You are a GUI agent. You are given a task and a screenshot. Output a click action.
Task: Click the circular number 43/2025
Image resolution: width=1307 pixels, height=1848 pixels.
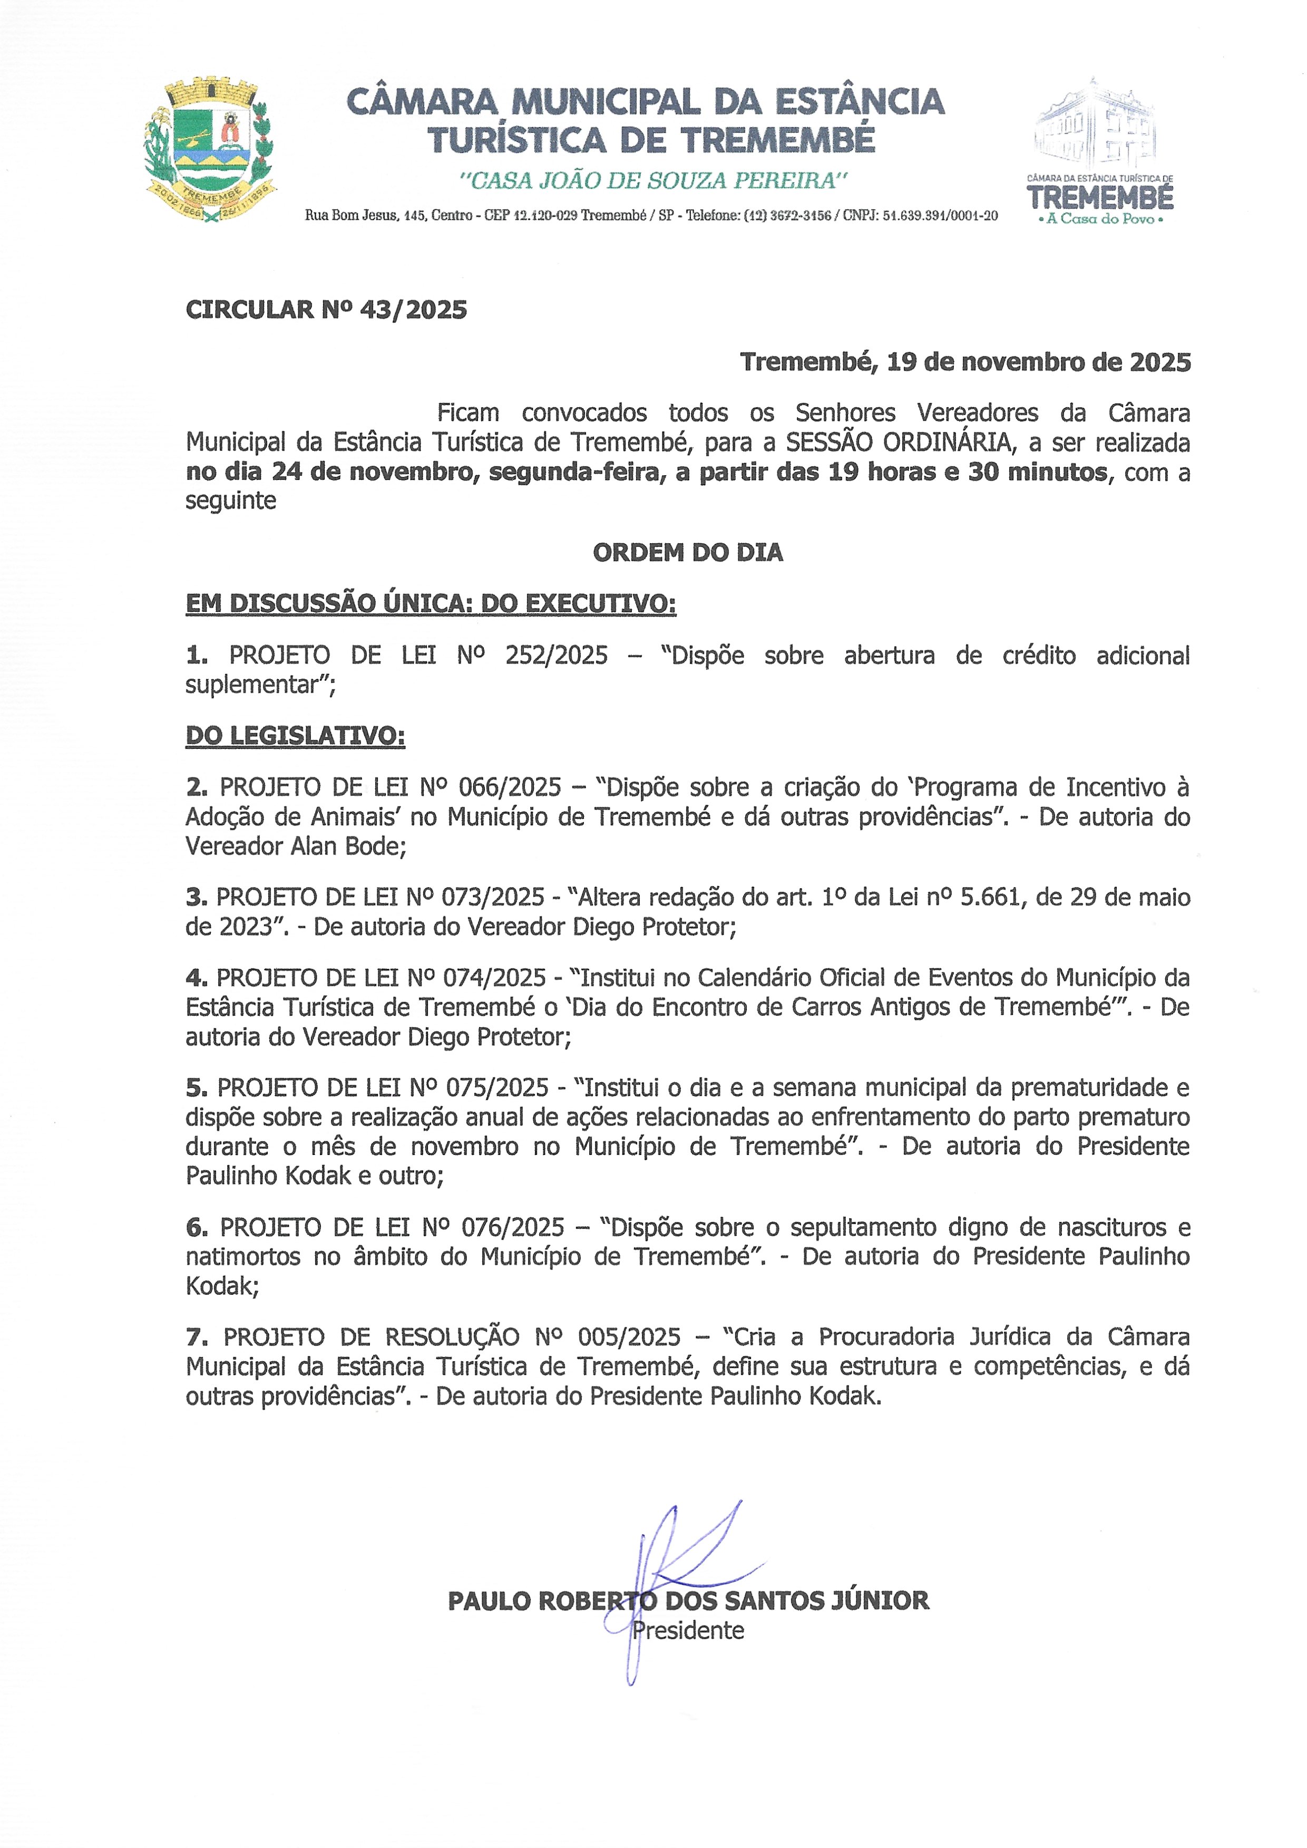413,310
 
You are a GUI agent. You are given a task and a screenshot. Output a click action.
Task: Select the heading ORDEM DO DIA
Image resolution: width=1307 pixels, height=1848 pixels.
687,552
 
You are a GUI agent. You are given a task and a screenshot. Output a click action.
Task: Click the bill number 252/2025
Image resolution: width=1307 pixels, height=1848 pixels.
556,656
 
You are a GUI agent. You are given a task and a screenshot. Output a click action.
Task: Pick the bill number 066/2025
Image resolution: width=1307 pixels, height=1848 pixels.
510,787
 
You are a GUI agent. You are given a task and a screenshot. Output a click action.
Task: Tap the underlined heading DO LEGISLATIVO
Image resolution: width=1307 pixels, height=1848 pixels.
295,736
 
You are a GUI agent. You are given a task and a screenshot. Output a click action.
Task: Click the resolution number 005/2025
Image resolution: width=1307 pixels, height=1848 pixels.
629,1337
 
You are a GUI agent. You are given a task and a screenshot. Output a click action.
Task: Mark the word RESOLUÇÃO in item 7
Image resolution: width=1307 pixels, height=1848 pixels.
452,1337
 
